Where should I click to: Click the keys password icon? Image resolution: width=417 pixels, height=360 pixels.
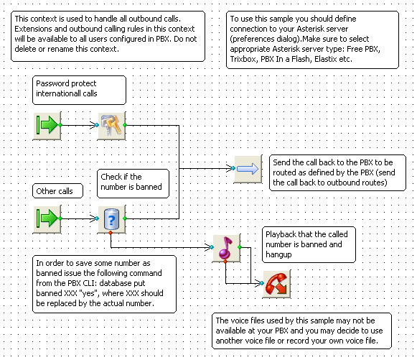(111, 126)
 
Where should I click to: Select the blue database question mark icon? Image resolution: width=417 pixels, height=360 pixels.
(111, 219)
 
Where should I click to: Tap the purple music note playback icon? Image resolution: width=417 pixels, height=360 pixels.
(226, 248)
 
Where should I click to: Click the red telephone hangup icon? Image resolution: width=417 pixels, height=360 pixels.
(276, 284)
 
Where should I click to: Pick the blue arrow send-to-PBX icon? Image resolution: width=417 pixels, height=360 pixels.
(248, 169)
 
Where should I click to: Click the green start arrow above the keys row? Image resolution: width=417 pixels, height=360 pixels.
(47, 126)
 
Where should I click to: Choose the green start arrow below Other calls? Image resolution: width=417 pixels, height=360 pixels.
(47, 219)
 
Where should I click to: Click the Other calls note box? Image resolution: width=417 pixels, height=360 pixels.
(57, 191)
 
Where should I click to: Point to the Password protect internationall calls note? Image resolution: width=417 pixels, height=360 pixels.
(79, 91)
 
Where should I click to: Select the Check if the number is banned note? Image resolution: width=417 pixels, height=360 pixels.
(133, 183)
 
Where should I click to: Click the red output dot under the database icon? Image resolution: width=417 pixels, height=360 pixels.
(111, 233)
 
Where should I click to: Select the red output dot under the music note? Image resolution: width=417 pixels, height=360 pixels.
(225, 262)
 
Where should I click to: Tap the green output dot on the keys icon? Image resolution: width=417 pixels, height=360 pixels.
(125, 125)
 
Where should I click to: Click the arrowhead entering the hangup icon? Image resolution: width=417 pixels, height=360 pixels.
(259, 283)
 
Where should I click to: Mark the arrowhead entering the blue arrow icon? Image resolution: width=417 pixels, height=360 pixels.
(230, 168)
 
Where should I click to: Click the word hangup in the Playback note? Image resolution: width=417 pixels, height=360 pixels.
(278, 255)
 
